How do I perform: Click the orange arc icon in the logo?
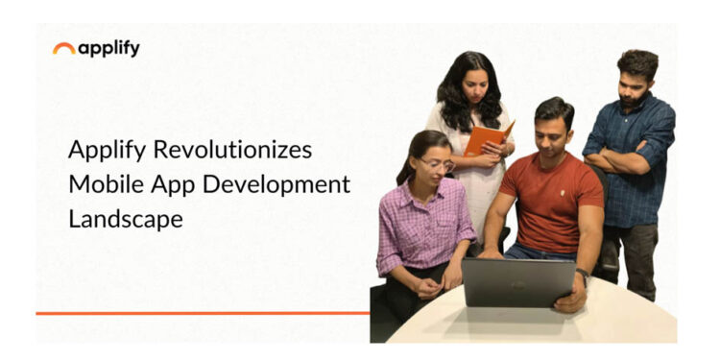64,47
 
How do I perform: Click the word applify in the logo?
108,48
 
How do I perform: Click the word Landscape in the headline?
125,218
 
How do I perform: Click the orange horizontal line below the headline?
202,312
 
